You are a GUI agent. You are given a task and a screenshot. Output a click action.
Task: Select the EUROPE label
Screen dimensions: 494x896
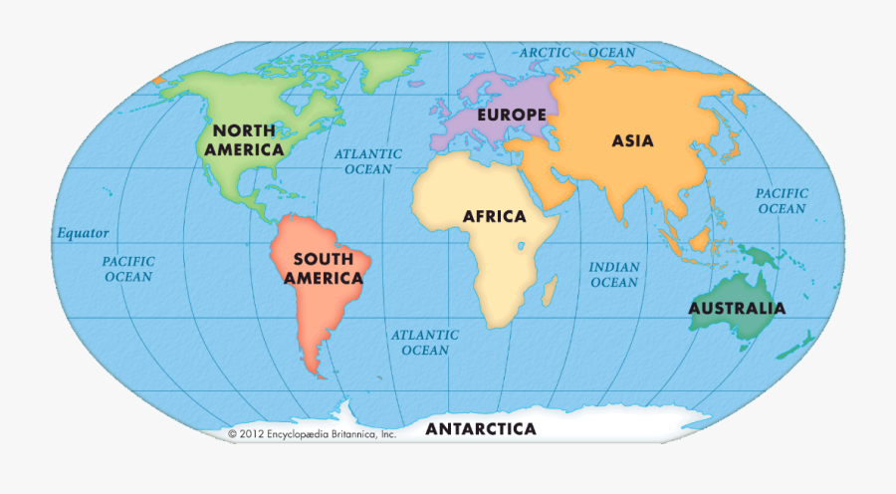point(512,115)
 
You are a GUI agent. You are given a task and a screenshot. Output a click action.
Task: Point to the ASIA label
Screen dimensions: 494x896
point(632,140)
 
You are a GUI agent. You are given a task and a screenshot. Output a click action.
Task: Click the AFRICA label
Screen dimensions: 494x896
point(494,216)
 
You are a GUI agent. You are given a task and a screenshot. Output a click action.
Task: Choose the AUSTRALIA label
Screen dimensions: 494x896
point(737,308)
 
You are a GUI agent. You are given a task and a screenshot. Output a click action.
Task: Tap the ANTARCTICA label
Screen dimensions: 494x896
point(481,429)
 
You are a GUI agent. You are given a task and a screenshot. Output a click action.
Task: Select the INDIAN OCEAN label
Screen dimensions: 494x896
point(613,275)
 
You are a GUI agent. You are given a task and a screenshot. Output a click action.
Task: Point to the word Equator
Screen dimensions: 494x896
point(82,233)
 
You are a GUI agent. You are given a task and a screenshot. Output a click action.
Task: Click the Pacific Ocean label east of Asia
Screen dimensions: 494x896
point(782,201)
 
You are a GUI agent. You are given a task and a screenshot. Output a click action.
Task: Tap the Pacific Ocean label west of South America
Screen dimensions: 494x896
point(129,269)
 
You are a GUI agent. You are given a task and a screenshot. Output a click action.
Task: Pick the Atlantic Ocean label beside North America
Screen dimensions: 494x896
point(367,161)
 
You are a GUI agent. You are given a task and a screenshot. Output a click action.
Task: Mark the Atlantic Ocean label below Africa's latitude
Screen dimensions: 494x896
point(425,343)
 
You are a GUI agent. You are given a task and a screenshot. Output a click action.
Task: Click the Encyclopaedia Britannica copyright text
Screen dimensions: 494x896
point(313,434)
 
